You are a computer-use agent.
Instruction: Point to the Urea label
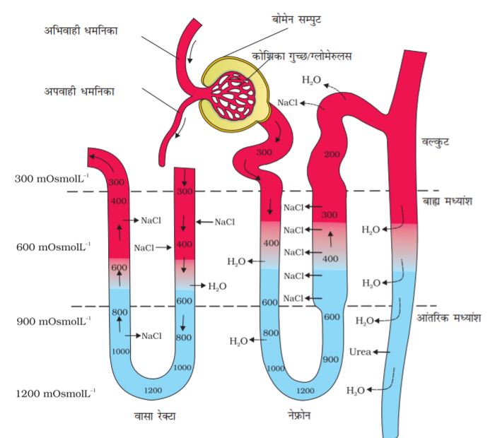click(359, 351)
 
